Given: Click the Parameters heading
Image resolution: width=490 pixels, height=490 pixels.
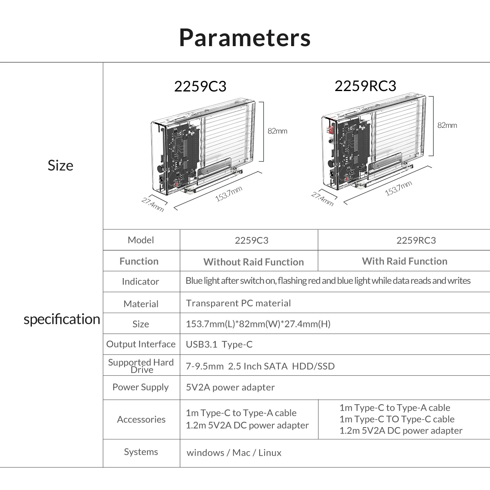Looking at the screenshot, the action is (245, 38).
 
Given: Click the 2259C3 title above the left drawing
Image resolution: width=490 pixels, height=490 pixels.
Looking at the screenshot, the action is (200, 87).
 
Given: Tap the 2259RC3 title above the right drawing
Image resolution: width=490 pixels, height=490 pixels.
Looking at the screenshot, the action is (365, 86).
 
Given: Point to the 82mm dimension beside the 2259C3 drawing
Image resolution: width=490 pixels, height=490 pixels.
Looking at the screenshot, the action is (277, 131).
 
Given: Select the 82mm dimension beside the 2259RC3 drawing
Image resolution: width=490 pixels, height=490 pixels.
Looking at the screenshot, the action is (447, 125).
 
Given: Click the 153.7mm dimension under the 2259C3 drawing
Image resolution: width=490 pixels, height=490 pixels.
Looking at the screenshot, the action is (229, 194).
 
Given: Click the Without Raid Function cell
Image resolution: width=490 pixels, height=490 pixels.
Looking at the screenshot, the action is (254, 262).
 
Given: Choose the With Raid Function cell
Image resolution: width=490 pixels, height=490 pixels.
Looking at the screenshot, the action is (405, 261).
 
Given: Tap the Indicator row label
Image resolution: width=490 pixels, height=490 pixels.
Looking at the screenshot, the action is (140, 281).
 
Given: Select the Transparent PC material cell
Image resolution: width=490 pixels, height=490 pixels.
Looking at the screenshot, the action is (238, 303).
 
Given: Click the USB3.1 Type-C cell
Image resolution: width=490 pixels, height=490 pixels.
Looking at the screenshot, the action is (219, 344).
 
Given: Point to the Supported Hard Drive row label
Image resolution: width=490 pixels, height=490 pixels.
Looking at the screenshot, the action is (141, 366).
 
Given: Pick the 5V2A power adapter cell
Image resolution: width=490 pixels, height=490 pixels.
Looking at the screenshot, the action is (230, 387).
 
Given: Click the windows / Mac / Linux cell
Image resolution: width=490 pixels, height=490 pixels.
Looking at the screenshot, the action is (234, 452).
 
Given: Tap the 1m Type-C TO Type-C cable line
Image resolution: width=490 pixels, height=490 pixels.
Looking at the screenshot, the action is (397, 419).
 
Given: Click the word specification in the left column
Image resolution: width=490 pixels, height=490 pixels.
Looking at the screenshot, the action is (62, 319).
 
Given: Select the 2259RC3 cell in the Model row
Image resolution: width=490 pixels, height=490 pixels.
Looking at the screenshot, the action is (416, 240).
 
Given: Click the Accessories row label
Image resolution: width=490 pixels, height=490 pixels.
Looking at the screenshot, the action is (141, 419).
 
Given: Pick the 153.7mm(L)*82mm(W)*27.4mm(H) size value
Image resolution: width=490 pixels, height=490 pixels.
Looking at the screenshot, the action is (258, 324).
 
